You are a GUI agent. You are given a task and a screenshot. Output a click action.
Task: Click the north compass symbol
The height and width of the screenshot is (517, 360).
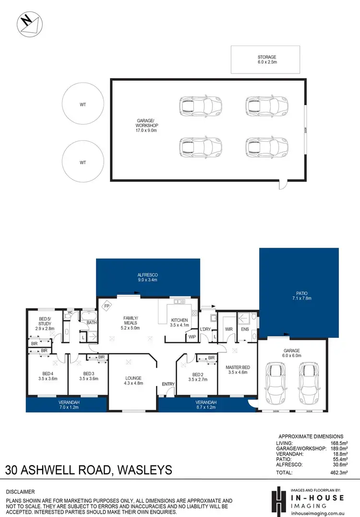pos(28,23)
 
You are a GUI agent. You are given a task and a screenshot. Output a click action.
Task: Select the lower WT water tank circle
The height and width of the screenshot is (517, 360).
pos(83,162)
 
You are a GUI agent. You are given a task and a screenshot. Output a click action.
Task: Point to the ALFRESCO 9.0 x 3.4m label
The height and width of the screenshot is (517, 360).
pos(147,277)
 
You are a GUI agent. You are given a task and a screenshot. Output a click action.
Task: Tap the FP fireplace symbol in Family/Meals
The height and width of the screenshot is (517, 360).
pos(107,305)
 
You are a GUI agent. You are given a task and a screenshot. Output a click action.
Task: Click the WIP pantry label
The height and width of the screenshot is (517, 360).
pos(192,337)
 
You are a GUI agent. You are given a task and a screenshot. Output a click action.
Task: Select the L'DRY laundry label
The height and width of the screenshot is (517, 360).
pos(205,329)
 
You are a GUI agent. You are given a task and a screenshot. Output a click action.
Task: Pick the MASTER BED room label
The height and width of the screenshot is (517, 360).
pos(236,370)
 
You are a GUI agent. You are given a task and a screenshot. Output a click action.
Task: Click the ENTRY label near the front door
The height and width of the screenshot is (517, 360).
pos(168,384)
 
